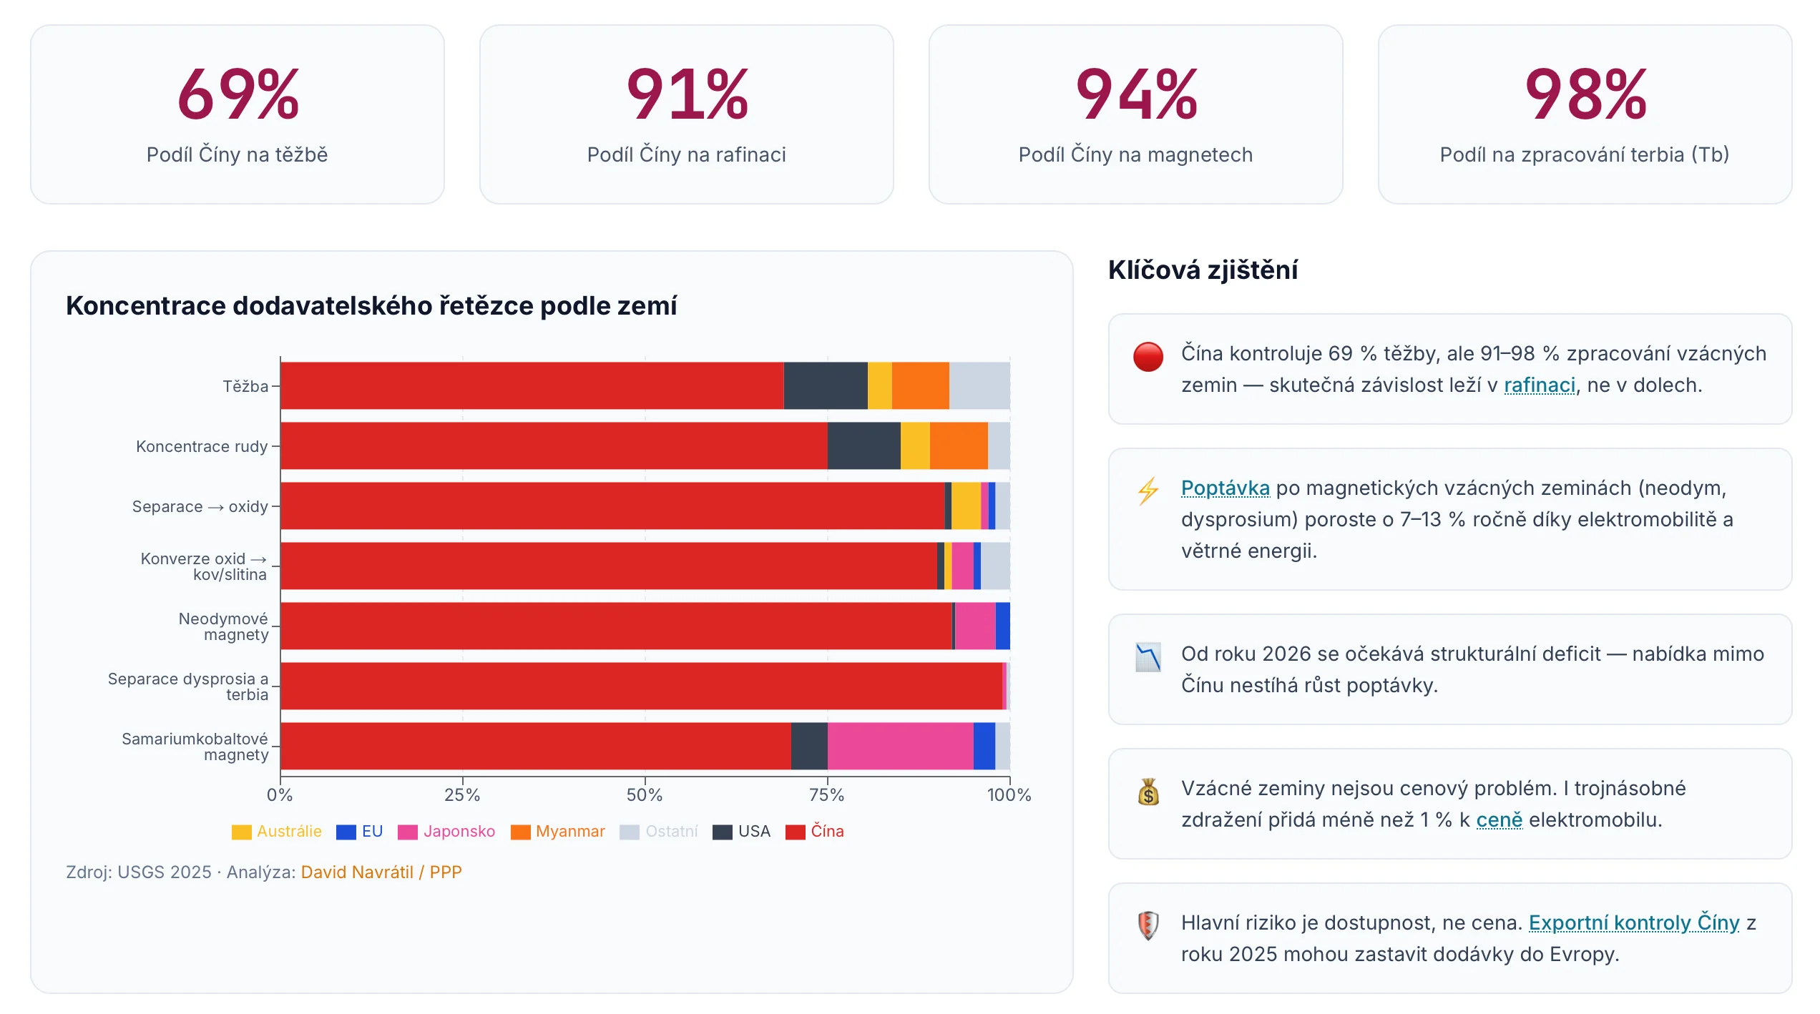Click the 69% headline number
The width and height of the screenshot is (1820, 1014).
pos(238,94)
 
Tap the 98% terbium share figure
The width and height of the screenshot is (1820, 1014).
pos(1585,94)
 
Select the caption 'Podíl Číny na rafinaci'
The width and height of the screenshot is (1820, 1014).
pos(686,154)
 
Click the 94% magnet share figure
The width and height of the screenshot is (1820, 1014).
pos(1136,94)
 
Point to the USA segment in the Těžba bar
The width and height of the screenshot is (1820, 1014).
pos(825,385)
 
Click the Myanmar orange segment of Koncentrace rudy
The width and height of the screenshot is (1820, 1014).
pos(958,446)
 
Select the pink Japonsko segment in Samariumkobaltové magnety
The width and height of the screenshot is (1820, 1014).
pos(900,746)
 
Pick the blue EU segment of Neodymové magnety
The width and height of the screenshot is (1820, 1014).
pos(1002,626)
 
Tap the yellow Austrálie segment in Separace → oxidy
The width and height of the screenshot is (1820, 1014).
pos(965,506)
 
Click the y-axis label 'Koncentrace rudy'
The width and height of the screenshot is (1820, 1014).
pos(202,446)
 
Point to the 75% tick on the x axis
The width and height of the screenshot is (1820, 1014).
pos(827,794)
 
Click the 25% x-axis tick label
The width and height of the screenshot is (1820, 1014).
pos(462,794)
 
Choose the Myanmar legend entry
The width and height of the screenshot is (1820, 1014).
pos(558,832)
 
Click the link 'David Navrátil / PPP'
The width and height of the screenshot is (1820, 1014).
pos(381,872)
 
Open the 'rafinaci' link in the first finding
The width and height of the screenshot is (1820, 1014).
pos(1539,385)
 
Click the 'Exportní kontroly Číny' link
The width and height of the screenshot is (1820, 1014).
pos(1633,922)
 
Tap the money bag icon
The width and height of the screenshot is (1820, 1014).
pos(1148,792)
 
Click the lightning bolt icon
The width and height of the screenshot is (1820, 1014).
pos(1148,491)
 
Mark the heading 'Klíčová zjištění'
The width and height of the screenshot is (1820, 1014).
pos(1203,270)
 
